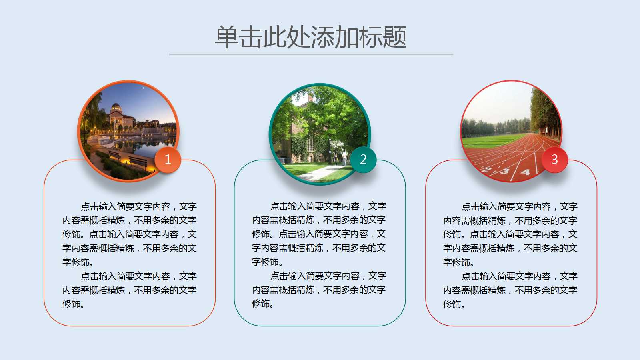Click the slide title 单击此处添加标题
click(x=311, y=37)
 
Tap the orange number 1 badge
click(x=168, y=160)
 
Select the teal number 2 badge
click(x=363, y=160)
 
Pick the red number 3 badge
click(x=554, y=160)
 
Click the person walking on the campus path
click(x=344, y=157)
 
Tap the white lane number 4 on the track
click(x=525, y=172)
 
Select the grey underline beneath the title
click(x=311, y=54)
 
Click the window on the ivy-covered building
click(x=310, y=144)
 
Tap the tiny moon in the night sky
click(x=143, y=88)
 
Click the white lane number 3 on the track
click(x=504, y=171)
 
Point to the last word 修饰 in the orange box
click(x=72, y=304)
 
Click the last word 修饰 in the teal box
click(x=261, y=304)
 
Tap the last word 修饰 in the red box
click(x=452, y=304)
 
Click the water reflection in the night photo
click(x=143, y=146)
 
